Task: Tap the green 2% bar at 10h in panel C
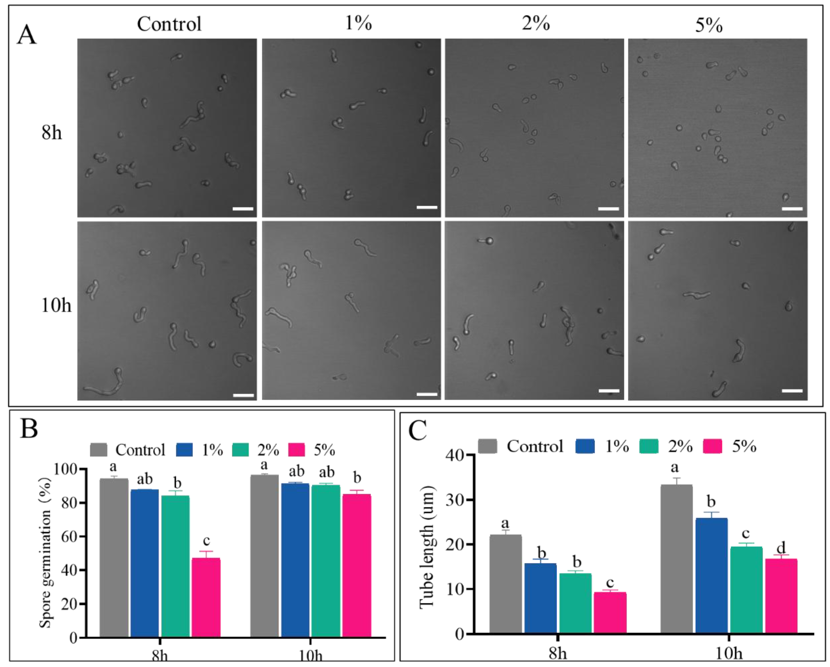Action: [746, 589]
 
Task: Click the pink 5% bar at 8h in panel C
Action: [610, 612]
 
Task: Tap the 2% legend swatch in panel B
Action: [241, 450]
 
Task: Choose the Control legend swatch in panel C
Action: [487, 446]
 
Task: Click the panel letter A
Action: [26, 36]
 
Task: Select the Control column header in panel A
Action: [169, 24]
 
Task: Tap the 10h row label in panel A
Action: [56, 305]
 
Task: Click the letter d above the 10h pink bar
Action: [781, 547]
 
